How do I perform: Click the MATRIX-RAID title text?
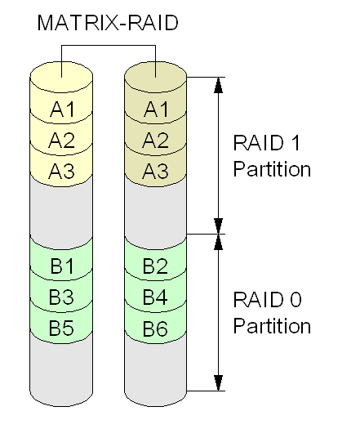tap(108, 23)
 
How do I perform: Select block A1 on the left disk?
tap(61, 109)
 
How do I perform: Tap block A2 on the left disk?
tap(61, 140)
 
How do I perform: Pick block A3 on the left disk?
tap(61, 171)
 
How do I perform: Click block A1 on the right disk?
tap(155, 109)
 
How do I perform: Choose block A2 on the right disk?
tap(155, 140)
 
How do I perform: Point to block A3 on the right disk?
tap(155, 171)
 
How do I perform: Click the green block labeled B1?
tap(61, 266)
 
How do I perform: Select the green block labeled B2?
tap(155, 266)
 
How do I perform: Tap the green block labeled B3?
tap(61, 297)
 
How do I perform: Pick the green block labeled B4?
tap(155, 297)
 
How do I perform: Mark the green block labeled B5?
tap(61, 328)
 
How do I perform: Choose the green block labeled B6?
tap(155, 328)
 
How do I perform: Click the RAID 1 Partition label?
tap(272, 156)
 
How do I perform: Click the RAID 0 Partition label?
tap(272, 312)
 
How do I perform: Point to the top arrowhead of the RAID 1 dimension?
tap(218, 85)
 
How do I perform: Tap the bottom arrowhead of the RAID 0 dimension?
tap(218, 383)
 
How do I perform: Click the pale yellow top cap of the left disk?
tap(61, 76)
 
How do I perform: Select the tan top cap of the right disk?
tap(155, 76)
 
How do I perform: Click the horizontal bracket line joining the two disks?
tap(109, 45)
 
